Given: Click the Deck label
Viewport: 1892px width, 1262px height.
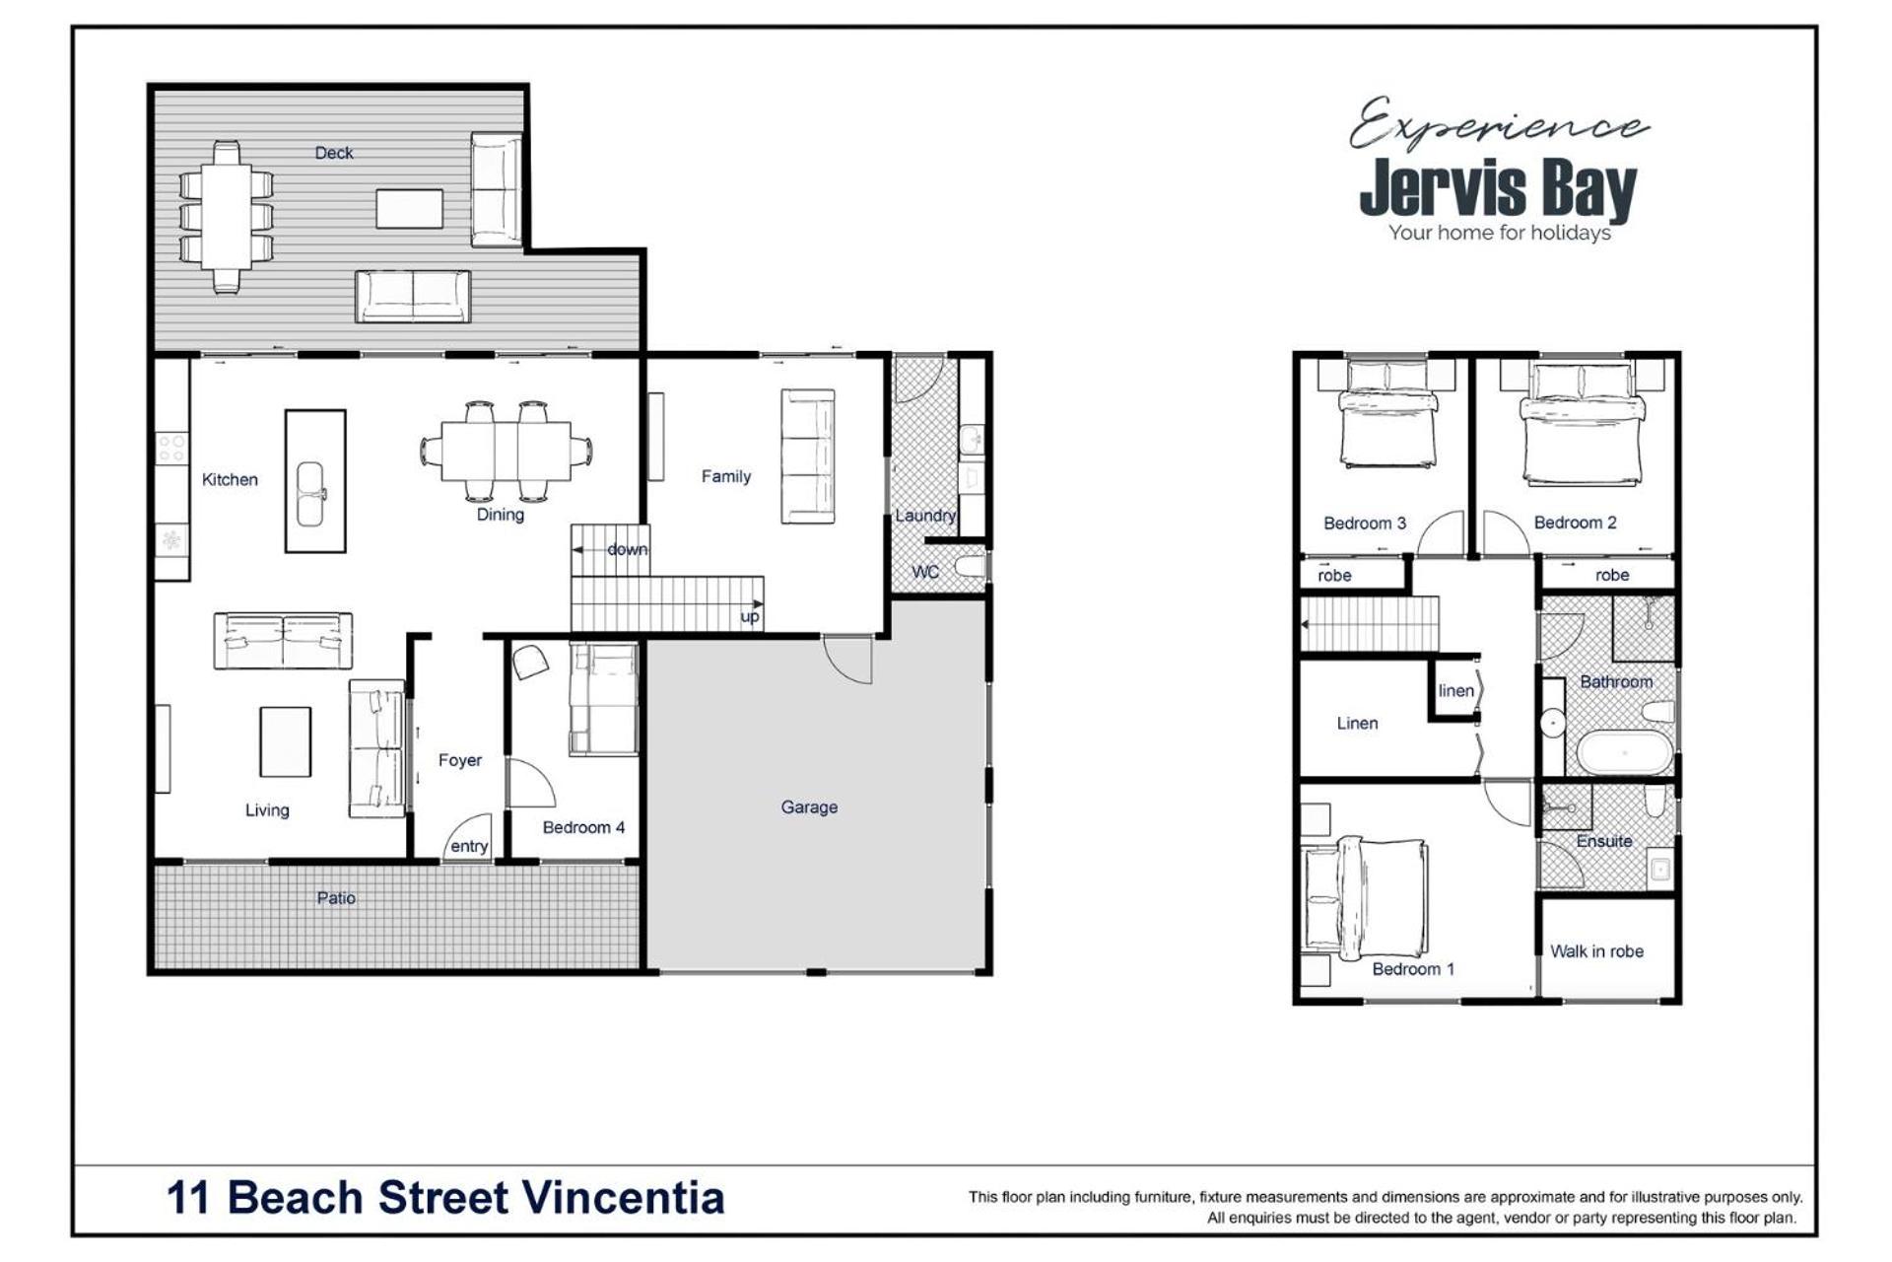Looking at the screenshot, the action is point(333,153).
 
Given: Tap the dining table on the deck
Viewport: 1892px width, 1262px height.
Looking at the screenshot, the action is point(226,217).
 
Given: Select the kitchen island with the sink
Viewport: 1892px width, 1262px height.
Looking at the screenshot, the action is point(315,480).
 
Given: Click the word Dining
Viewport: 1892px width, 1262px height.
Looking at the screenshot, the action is point(500,514).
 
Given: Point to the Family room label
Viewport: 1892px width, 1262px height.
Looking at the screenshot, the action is point(726,476).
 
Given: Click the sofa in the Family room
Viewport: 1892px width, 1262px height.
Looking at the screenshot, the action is point(808,456).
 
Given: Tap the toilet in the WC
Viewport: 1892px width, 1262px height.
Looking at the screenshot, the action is point(970,567).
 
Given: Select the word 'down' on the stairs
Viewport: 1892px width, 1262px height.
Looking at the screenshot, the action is point(627,549).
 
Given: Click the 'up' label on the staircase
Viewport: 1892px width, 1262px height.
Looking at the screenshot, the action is point(750,617).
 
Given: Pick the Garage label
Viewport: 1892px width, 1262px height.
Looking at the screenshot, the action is point(809,806).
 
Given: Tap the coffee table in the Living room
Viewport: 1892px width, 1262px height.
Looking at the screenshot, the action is point(286,741).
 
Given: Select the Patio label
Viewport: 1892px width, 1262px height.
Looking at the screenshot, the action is point(336,898).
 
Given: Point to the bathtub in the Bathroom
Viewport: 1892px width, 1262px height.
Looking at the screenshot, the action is point(1625,752).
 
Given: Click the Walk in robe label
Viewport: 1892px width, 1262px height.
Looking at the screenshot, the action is point(1596,951).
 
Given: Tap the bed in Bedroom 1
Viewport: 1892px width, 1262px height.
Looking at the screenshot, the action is point(1365,896).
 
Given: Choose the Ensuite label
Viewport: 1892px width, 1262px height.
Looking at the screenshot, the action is point(1604,841).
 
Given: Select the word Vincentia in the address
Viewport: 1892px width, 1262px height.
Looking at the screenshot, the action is point(623,1198).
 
